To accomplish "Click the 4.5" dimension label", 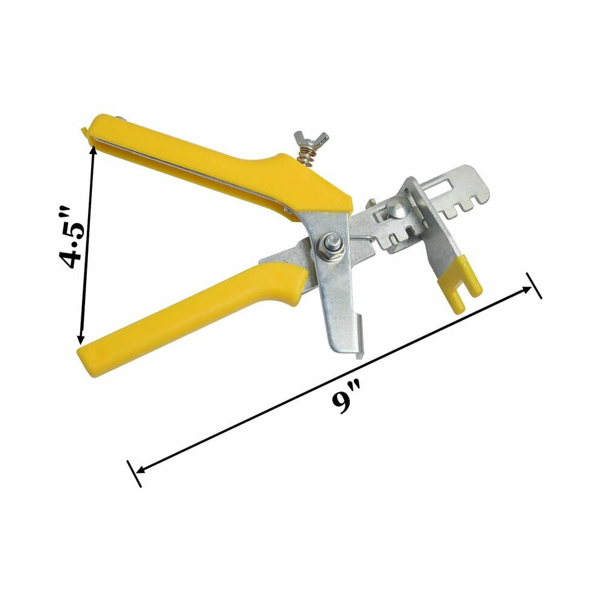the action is pyautogui.click(x=71, y=237).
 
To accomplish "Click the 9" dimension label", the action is pyautogui.click(x=346, y=398).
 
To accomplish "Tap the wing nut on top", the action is pyautogui.click(x=311, y=138).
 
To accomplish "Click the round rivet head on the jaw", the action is pyautogui.click(x=396, y=209).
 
